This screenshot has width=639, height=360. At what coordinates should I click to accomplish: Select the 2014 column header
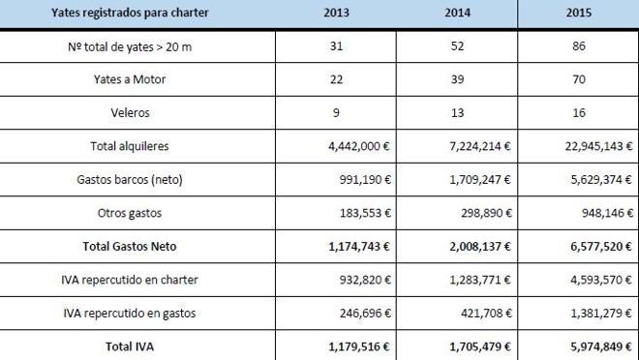pos(458,15)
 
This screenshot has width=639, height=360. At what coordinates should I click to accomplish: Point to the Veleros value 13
pos(458,112)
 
